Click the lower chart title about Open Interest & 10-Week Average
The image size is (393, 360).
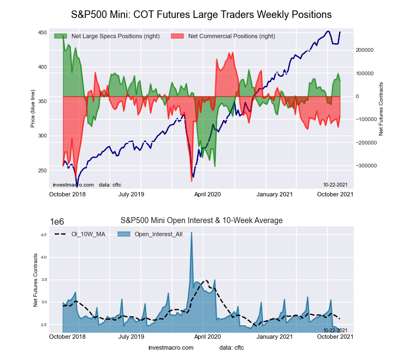[x=201, y=220]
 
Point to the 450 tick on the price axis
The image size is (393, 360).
[x=42, y=33]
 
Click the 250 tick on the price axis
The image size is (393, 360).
[x=42, y=171]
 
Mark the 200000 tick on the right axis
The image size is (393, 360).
[x=366, y=50]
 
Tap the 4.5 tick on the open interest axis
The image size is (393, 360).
[x=44, y=235]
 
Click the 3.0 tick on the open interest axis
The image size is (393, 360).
[x=44, y=302]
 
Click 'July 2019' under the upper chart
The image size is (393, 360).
[x=131, y=193]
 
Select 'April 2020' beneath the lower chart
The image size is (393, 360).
[x=207, y=337]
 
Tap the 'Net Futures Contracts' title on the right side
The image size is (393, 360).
[x=381, y=109]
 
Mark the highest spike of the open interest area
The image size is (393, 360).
[x=191, y=232]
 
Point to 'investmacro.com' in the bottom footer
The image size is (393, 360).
[x=171, y=347]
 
